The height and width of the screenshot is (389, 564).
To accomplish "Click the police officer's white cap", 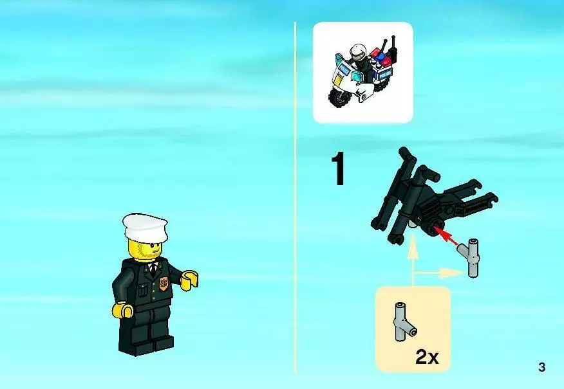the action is click(x=145, y=226).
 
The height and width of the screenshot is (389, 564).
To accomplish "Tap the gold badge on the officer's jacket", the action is click(x=164, y=284).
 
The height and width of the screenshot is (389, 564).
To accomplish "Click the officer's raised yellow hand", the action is click(x=189, y=280).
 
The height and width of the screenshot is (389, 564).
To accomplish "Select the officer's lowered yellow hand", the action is click(x=123, y=310).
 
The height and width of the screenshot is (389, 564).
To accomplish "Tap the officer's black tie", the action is click(x=154, y=268).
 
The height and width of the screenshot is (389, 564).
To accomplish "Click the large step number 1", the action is click(x=338, y=169).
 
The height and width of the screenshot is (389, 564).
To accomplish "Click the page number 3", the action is click(x=541, y=367).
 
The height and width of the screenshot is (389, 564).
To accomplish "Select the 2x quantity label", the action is click(x=427, y=357).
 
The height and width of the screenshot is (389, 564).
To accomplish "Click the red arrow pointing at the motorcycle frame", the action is click(x=446, y=236).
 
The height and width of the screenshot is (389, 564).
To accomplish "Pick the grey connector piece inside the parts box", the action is click(x=404, y=322).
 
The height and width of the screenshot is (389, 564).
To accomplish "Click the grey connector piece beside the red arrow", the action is click(x=470, y=257).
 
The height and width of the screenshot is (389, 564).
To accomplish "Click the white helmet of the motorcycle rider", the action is click(x=357, y=52).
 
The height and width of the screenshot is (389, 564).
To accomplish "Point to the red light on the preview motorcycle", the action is click(x=388, y=62).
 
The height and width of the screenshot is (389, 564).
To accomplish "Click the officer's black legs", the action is click(x=146, y=329).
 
